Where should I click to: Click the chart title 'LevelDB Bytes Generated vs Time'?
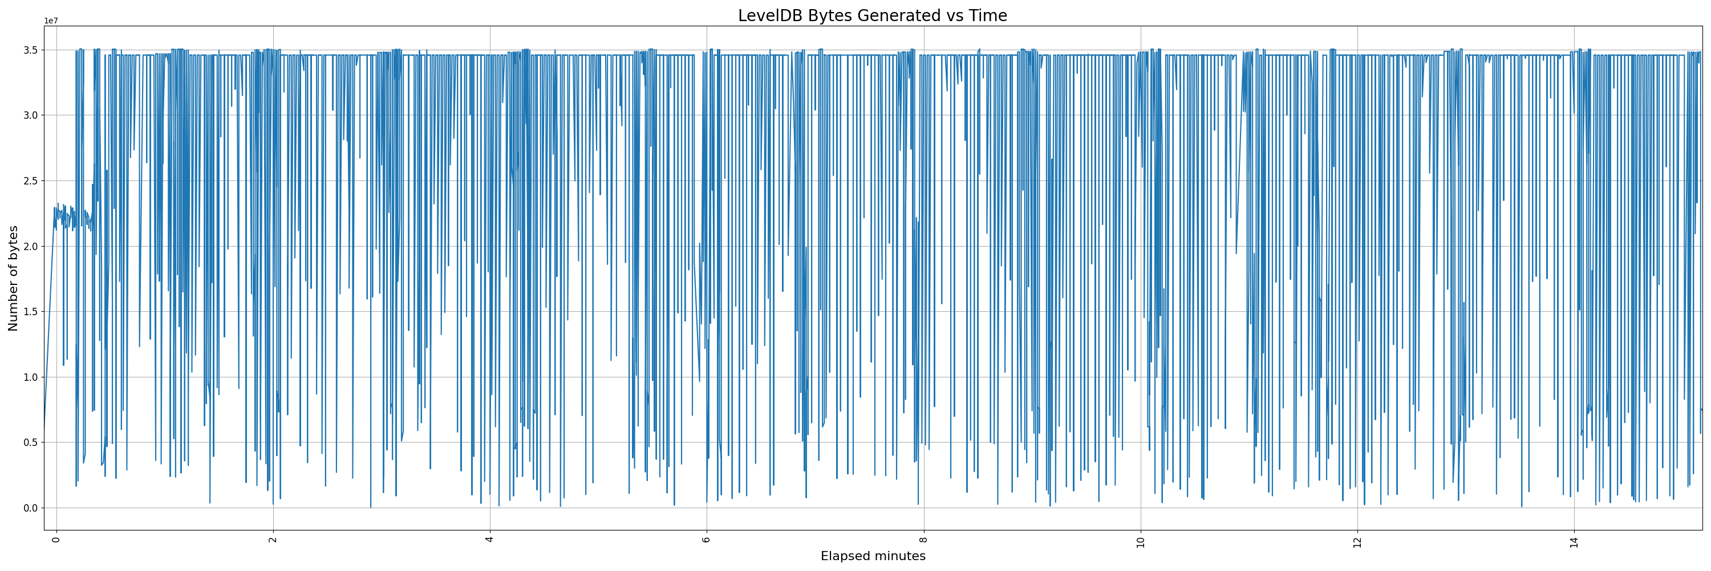pos(872,15)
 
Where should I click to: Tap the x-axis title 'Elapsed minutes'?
pos(872,556)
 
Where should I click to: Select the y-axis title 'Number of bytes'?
pos(13,278)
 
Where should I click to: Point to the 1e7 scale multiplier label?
pos(51,21)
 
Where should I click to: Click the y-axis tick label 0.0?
pos(31,508)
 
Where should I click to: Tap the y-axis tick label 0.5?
pos(31,443)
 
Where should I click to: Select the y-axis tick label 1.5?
pos(31,312)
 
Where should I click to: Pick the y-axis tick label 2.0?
pos(31,247)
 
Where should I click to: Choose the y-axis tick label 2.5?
pos(31,181)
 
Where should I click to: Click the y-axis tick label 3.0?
pos(31,116)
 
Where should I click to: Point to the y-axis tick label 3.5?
pos(31,50)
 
